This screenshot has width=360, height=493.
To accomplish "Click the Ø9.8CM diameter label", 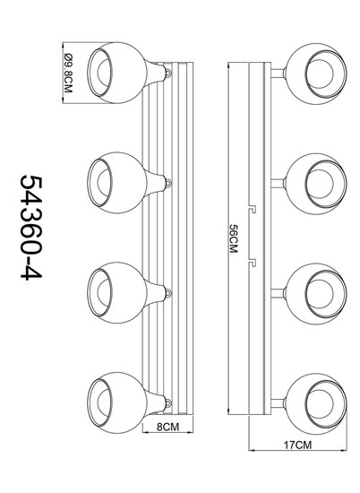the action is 68,73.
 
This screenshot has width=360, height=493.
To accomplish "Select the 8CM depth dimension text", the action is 167,427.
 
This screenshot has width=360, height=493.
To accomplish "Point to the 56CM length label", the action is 233,238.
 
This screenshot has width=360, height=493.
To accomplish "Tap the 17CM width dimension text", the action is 298,445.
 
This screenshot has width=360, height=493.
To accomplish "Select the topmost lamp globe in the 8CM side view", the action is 116,73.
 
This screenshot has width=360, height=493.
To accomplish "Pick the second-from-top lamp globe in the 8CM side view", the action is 116,183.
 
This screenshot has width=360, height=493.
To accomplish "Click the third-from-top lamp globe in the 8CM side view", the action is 116,293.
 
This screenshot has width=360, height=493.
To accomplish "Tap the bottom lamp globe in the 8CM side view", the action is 116,402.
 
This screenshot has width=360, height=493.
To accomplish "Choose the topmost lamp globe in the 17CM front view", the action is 317,74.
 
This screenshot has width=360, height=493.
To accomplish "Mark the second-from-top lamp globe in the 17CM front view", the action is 317,184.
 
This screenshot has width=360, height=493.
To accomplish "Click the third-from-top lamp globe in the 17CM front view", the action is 317,294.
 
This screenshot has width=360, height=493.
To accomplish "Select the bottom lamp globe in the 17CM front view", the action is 317,403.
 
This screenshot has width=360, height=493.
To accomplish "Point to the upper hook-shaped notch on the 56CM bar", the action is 253,210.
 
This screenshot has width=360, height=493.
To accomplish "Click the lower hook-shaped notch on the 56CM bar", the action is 253,263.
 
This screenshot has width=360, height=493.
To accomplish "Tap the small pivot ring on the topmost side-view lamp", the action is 169,73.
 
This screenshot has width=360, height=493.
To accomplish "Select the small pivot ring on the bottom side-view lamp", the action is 169,402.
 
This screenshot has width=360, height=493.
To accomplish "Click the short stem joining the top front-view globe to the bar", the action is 279,74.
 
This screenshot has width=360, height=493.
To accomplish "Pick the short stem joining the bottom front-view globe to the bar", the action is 279,403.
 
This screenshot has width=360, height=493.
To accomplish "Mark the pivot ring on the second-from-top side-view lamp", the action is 169,183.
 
